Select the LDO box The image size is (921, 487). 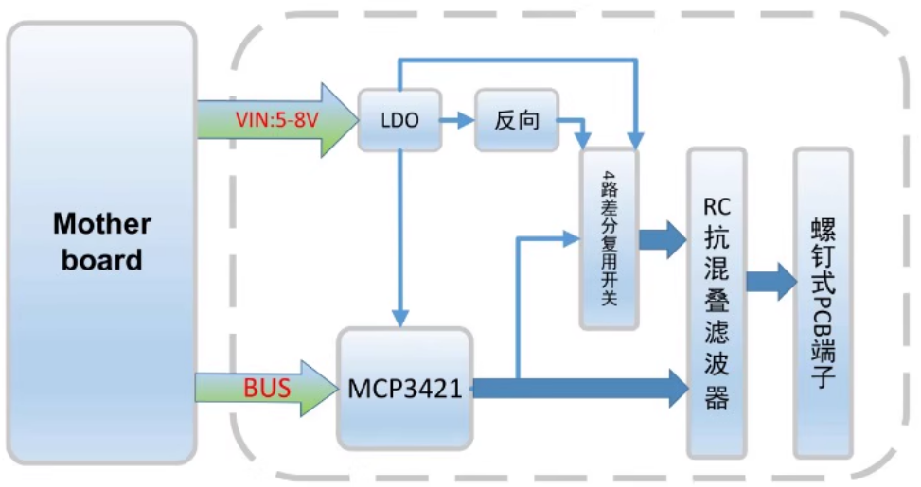pyautogui.click(x=399, y=120)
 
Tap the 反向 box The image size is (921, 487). pyautogui.click(x=517, y=120)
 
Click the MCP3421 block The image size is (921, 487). pyautogui.click(x=405, y=388)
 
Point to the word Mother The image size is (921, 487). pyautogui.click(x=101, y=224)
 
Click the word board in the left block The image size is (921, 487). pyautogui.click(x=101, y=259)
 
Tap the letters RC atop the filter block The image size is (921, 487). pyautogui.click(x=717, y=205)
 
